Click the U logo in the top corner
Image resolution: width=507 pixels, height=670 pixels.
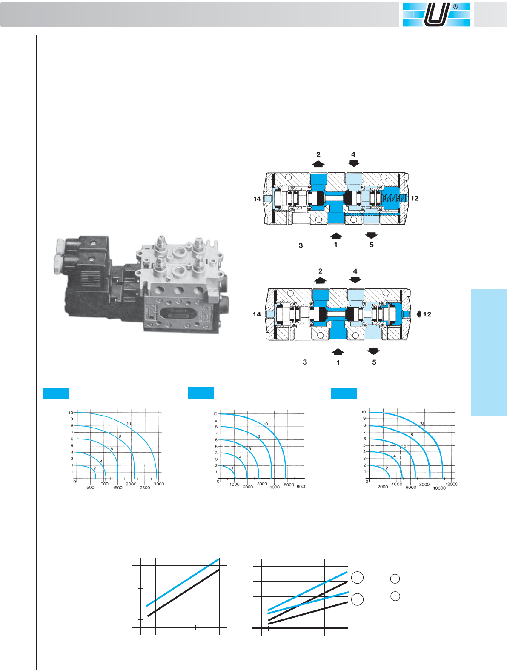(x=436, y=14)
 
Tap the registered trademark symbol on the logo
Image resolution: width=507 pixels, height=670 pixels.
(x=455, y=7)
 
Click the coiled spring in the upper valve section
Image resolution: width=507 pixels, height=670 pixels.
(x=394, y=198)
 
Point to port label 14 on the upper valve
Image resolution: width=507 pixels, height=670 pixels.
(x=257, y=199)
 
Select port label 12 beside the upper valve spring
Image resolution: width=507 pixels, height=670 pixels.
(x=415, y=198)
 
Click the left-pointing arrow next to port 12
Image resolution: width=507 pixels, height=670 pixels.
(x=419, y=314)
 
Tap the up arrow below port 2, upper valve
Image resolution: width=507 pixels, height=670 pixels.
(x=318, y=164)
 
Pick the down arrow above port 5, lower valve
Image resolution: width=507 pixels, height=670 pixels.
(x=373, y=351)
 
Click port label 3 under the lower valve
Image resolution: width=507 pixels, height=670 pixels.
(x=305, y=362)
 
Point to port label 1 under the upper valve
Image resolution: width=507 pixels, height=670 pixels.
(x=335, y=245)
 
